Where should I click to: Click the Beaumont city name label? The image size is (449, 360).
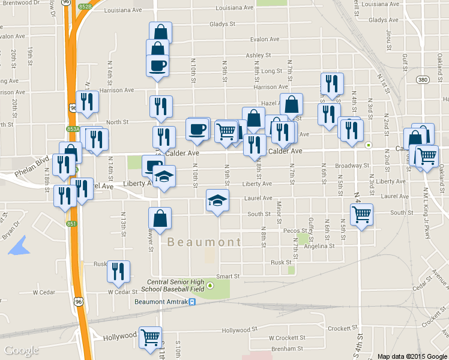tap(203, 242)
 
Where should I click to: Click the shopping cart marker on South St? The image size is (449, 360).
tap(362, 214)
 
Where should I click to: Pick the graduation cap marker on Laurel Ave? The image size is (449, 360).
tap(217, 200)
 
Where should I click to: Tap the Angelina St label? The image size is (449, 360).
tap(318, 246)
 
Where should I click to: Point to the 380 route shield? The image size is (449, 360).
tap(423, 79)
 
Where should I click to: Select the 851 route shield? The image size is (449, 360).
tap(71, 224)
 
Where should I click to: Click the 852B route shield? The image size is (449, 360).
tap(84, 7)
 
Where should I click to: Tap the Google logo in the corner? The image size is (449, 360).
tap(22, 350)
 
